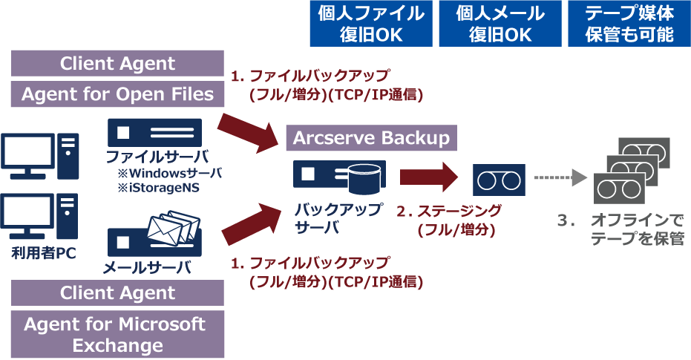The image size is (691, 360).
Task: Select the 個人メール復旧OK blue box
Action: [x=500, y=24]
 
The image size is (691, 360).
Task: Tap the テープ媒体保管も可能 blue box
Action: [x=629, y=24]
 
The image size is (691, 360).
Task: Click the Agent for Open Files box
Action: [x=118, y=94]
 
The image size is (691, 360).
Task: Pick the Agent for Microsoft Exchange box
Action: [x=118, y=335]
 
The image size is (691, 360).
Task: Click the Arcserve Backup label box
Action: [x=371, y=138]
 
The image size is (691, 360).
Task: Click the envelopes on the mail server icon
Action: [x=174, y=226]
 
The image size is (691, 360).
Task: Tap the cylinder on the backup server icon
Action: [x=366, y=176]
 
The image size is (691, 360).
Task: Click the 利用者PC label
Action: [x=39, y=254]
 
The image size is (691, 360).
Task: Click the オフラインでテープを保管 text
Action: [x=636, y=230]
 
